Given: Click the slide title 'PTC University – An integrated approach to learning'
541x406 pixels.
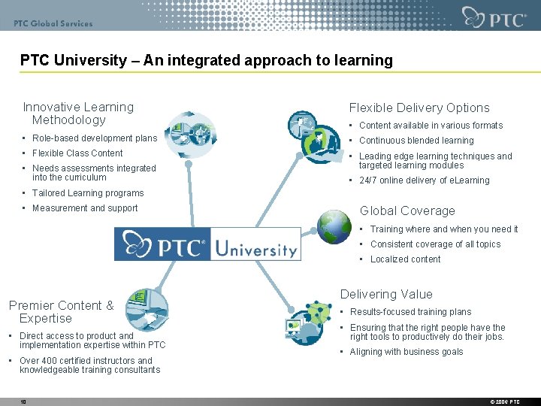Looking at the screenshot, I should point(206,60).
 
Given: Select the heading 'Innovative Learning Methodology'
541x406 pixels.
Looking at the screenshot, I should point(78,114).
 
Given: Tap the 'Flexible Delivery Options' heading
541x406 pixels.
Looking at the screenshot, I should point(419,108).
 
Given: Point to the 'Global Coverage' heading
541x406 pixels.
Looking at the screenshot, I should point(407,211).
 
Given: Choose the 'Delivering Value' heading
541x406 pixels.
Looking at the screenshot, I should point(386,294).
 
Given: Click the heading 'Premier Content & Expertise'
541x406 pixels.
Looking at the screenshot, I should point(61,311).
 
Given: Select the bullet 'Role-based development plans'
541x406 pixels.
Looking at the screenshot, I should point(95,138).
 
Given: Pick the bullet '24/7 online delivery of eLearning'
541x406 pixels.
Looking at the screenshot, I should point(424,180).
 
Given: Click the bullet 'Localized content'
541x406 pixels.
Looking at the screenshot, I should point(405,259).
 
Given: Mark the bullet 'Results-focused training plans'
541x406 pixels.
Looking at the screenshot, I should point(410,312).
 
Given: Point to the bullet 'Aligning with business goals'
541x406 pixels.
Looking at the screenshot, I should point(407,352).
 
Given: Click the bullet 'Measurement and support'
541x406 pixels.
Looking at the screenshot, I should point(85,208).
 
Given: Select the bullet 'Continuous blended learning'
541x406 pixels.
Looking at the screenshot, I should point(416,141).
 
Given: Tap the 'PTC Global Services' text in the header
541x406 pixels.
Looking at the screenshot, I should point(53,23).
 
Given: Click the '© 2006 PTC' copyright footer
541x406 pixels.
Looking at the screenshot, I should point(504,402).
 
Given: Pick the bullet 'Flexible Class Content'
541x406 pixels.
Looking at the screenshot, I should point(77,153).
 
